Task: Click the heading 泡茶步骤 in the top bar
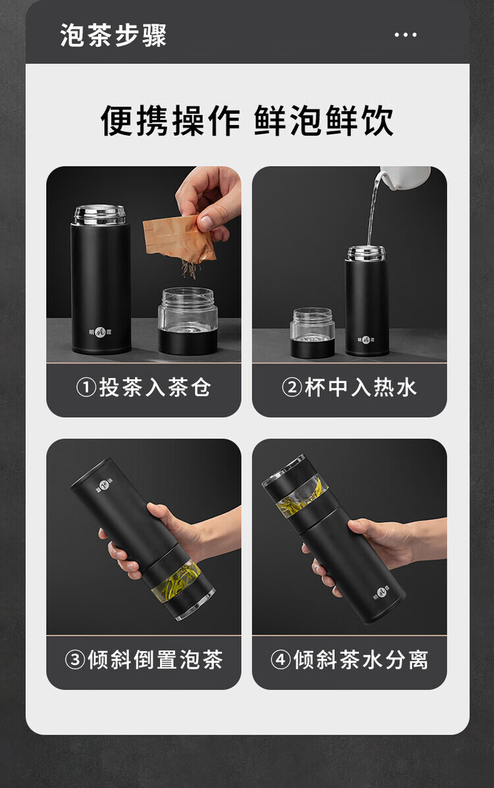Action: point(113,35)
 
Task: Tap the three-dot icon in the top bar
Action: point(406,35)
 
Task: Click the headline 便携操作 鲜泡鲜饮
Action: point(247,120)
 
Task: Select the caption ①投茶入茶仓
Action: point(144,388)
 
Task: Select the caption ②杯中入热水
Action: point(349,388)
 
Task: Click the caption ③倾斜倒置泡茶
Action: point(144,660)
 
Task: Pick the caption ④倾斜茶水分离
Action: point(349,660)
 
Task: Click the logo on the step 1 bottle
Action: point(101,332)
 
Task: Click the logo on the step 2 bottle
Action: point(366,340)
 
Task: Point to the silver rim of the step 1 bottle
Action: point(100,215)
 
